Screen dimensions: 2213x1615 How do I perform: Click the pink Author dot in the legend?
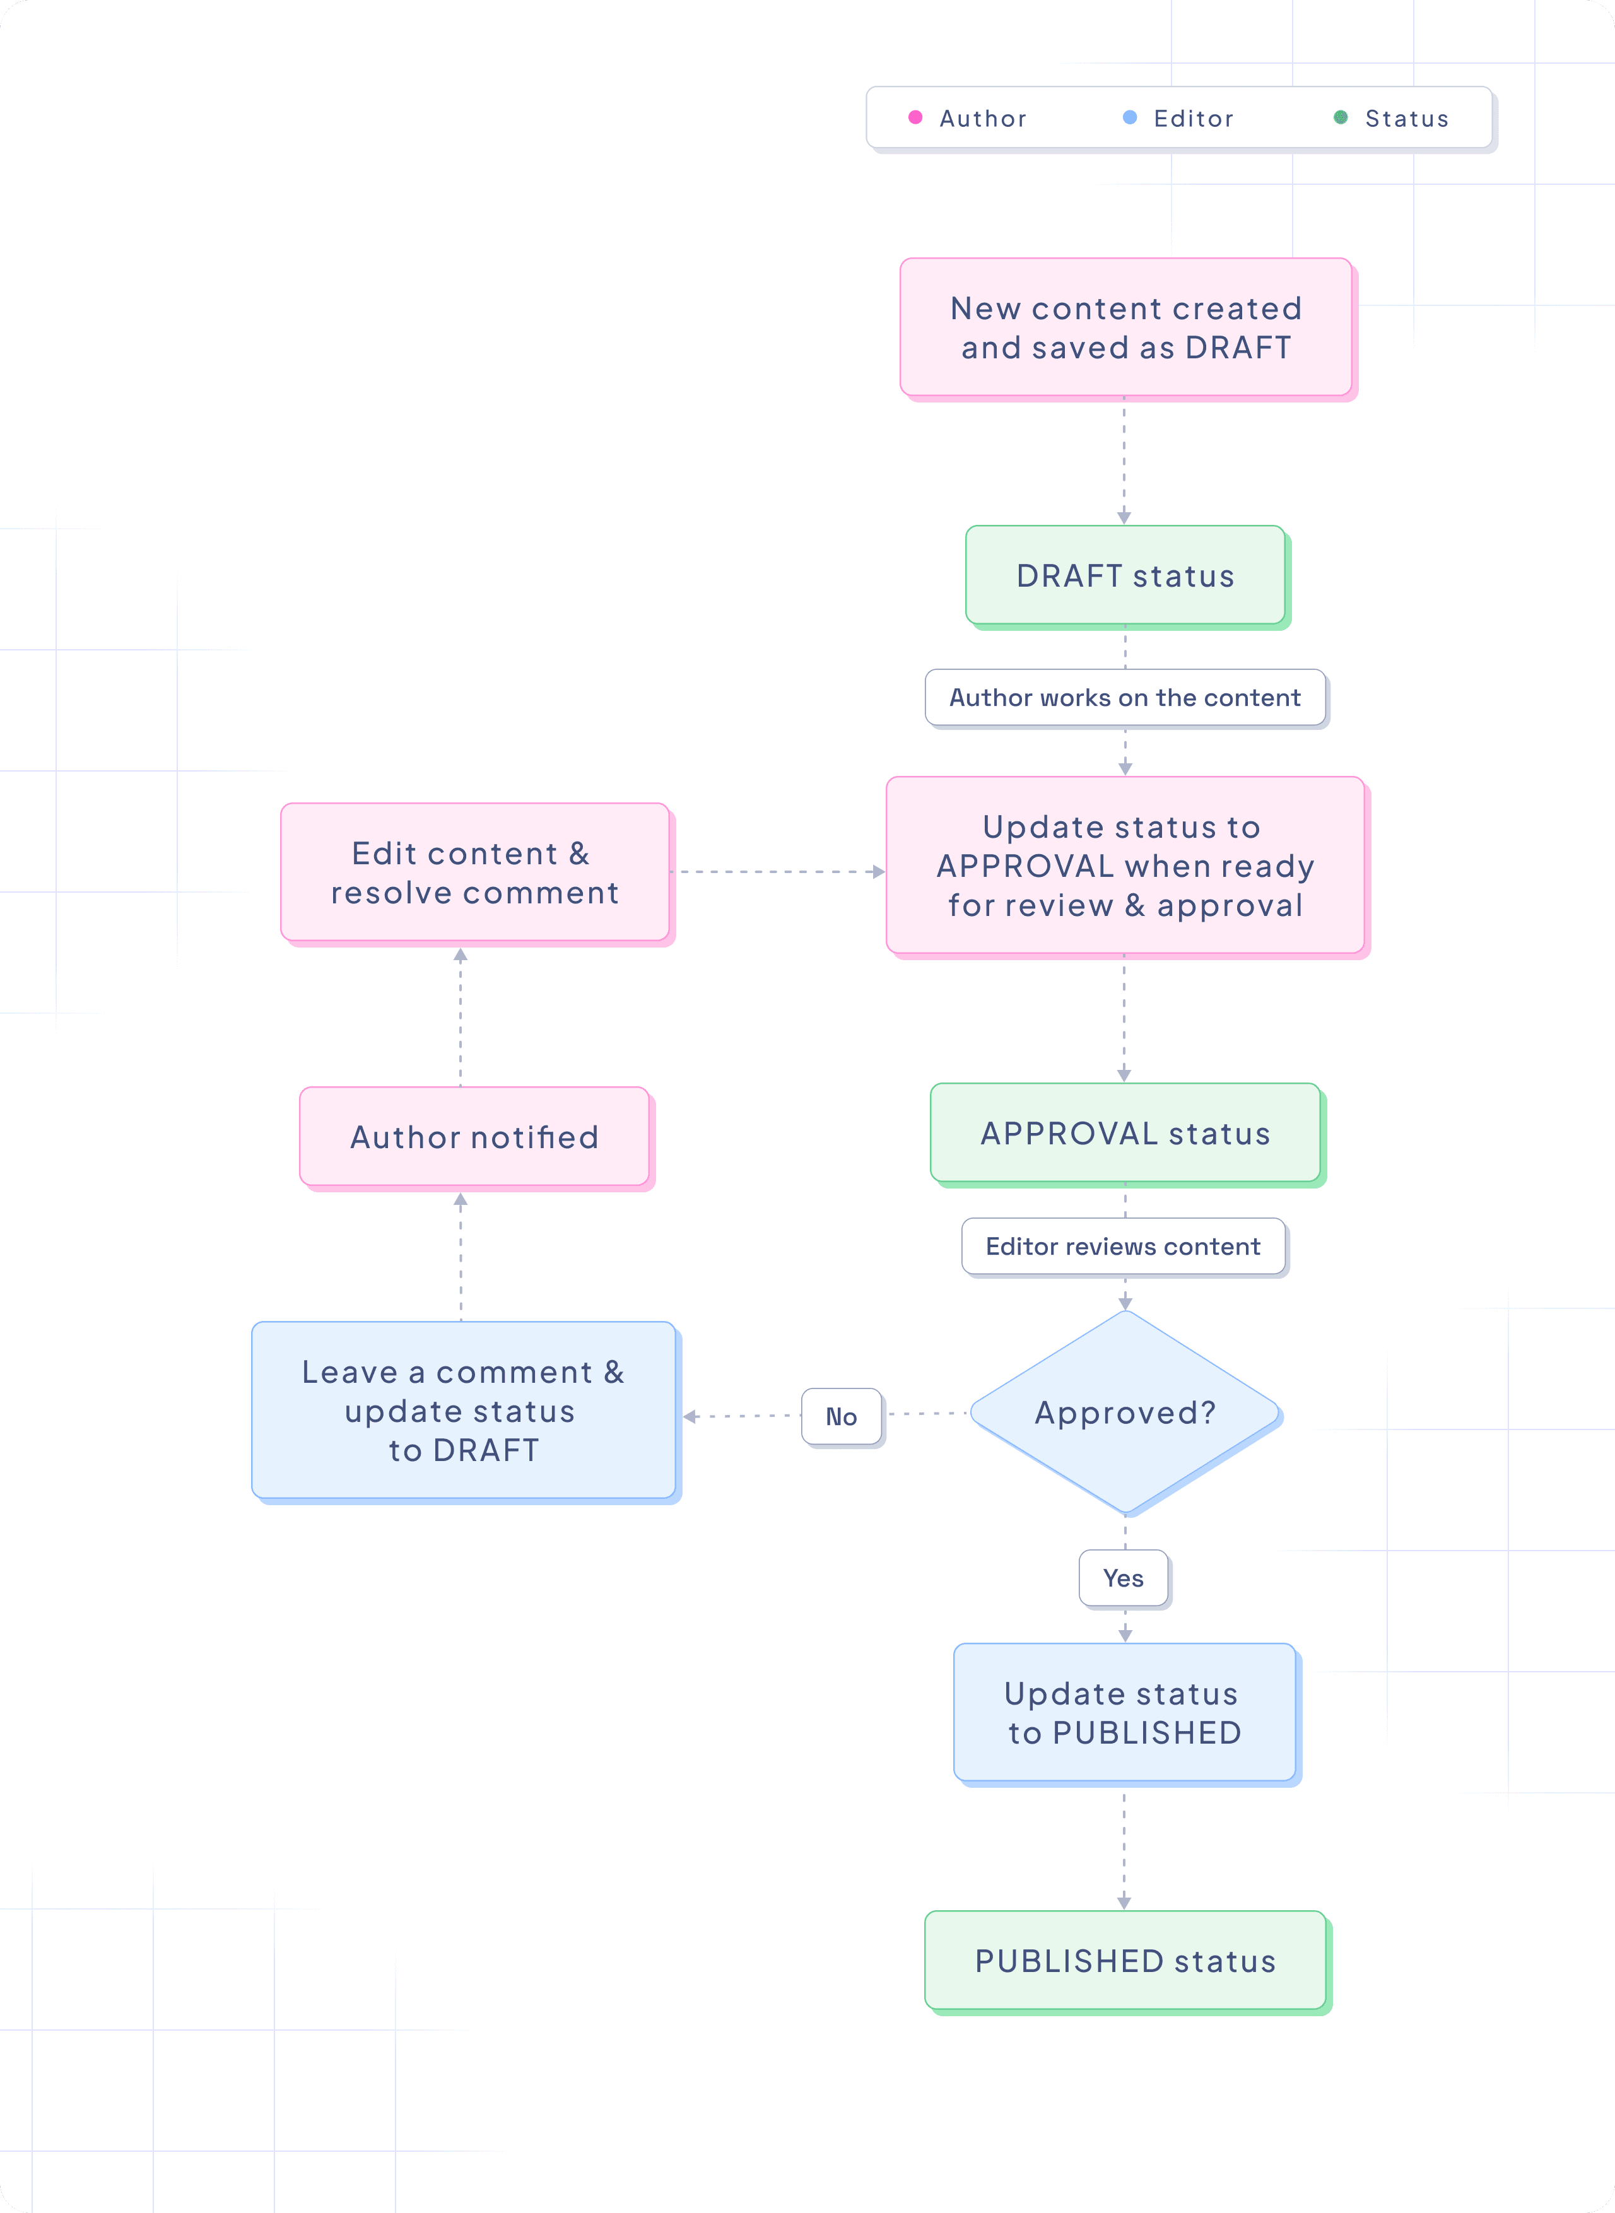915,117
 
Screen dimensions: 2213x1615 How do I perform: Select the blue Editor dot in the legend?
1130,117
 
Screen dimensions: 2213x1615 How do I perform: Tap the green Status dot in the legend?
1341,117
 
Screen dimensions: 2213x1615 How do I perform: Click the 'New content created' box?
1125,327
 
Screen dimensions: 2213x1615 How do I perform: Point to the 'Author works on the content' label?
1125,698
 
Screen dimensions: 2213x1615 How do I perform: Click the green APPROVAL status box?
1125,1133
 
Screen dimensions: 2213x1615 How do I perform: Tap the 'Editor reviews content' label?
1124,1247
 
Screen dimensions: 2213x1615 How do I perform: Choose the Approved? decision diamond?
1125,1412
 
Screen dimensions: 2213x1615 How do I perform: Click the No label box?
842,1416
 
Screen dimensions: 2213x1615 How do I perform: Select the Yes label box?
1124,1578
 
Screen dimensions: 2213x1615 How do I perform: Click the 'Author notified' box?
474,1137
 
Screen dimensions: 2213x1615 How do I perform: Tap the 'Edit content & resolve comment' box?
474,873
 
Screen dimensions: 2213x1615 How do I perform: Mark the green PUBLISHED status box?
1125,1961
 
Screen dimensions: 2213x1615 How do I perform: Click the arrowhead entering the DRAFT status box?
1124,518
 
